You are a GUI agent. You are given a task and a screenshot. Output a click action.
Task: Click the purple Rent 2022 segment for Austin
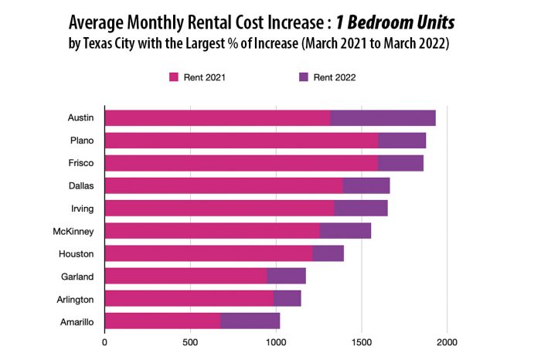[383, 118]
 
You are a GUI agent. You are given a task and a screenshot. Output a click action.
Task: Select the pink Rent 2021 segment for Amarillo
[162, 321]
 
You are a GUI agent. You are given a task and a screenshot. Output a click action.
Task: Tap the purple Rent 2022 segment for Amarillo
[250, 321]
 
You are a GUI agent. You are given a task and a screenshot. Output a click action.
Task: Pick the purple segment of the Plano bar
[402, 141]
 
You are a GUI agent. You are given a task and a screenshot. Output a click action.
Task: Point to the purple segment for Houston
[328, 253]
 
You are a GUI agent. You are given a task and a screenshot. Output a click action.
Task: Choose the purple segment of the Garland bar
[286, 276]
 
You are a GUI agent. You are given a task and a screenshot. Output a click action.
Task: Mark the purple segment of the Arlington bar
[287, 298]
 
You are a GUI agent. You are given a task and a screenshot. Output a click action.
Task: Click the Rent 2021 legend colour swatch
[174, 76]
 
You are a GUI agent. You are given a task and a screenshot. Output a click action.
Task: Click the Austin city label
[80, 118]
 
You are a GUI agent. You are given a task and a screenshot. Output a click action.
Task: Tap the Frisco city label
[81, 163]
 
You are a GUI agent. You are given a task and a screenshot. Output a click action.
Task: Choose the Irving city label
[81, 209]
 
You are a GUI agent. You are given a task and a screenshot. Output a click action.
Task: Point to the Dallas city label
[80, 186]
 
